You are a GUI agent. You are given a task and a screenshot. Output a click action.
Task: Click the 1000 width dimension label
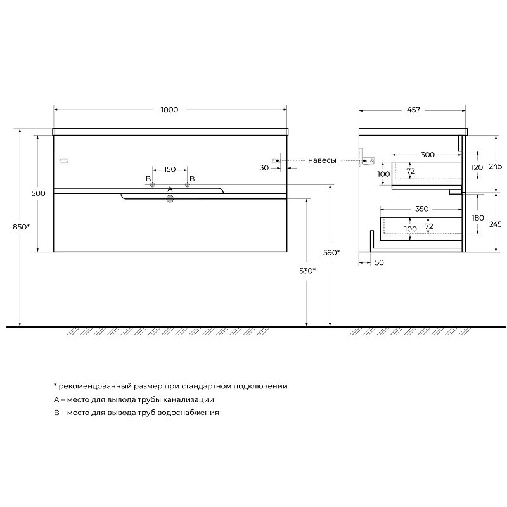169,110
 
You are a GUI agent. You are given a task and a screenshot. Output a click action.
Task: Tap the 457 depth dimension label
413,110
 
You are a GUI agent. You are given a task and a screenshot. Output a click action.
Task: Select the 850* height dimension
21,227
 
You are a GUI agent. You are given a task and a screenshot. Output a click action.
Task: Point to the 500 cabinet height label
38,193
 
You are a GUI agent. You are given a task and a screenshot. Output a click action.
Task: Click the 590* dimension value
331,252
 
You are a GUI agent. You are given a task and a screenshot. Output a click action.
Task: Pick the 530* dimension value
307,271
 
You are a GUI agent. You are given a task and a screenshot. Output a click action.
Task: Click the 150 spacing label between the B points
170,169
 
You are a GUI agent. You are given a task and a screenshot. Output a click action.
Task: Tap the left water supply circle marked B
152,184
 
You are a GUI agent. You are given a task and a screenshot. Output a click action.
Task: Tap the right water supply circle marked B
187,184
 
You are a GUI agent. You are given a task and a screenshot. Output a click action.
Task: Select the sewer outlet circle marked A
170,199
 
